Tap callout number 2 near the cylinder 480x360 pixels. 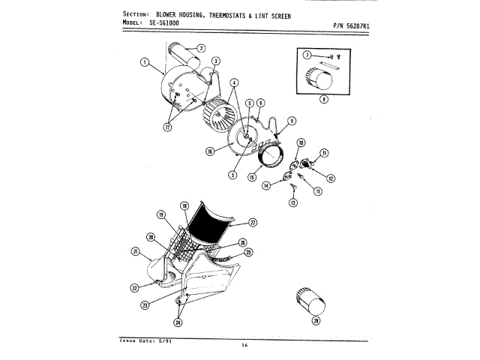(201, 48)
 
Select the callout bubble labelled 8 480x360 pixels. (323, 99)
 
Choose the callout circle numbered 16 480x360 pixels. (211, 151)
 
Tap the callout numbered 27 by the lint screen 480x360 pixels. (253, 222)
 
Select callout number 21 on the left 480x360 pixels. (136, 251)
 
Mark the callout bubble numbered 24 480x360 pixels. (178, 322)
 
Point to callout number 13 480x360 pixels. (294, 203)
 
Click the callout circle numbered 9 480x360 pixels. (291, 120)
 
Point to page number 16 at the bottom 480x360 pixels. (244, 345)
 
